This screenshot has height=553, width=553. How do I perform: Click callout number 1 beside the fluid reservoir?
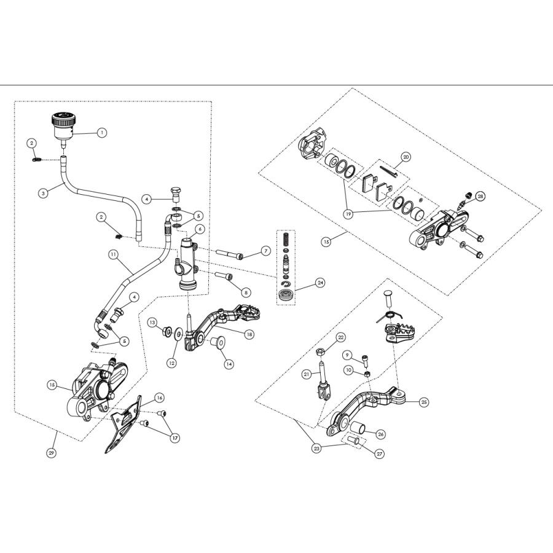[102, 132]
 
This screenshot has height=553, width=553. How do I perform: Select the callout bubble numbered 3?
[42, 192]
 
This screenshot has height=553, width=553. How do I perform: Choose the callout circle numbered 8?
[246, 292]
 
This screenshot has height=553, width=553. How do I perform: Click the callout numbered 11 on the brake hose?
[112, 253]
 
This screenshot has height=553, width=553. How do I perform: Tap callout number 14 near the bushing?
[229, 364]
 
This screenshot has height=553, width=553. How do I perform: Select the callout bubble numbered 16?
[159, 398]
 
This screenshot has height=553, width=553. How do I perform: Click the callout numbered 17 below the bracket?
[175, 438]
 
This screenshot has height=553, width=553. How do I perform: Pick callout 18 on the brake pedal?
[249, 334]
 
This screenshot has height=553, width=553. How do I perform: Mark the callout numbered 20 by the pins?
[406, 156]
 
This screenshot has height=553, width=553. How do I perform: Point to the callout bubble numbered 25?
[424, 402]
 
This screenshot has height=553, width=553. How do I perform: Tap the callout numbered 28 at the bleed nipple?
[480, 196]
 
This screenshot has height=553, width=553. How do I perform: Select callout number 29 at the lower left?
[51, 453]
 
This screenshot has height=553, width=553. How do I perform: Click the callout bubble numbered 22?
[341, 337]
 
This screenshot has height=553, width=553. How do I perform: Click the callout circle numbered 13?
[152, 322]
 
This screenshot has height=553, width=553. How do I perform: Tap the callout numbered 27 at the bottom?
[378, 454]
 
